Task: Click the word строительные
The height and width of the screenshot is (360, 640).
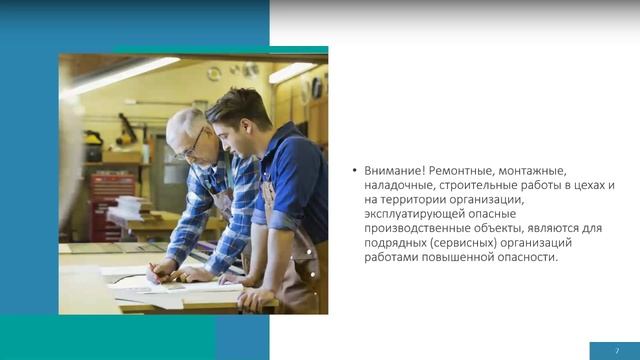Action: [x=488, y=186]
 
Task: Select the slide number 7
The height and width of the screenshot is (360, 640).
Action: [x=617, y=350]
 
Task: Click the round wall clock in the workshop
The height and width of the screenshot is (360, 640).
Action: [x=214, y=74]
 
